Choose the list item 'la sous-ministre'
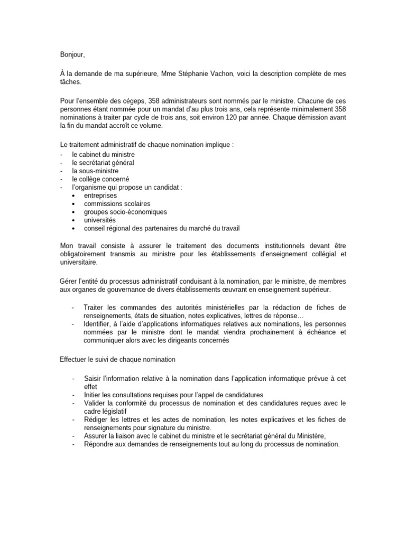(x=96, y=171)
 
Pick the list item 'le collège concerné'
(x=100, y=179)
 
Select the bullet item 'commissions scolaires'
(x=117, y=203)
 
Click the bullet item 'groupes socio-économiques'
(x=125, y=212)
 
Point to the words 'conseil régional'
(x=108, y=228)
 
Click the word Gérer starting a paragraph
(x=69, y=282)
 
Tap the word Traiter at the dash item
(x=95, y=307)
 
